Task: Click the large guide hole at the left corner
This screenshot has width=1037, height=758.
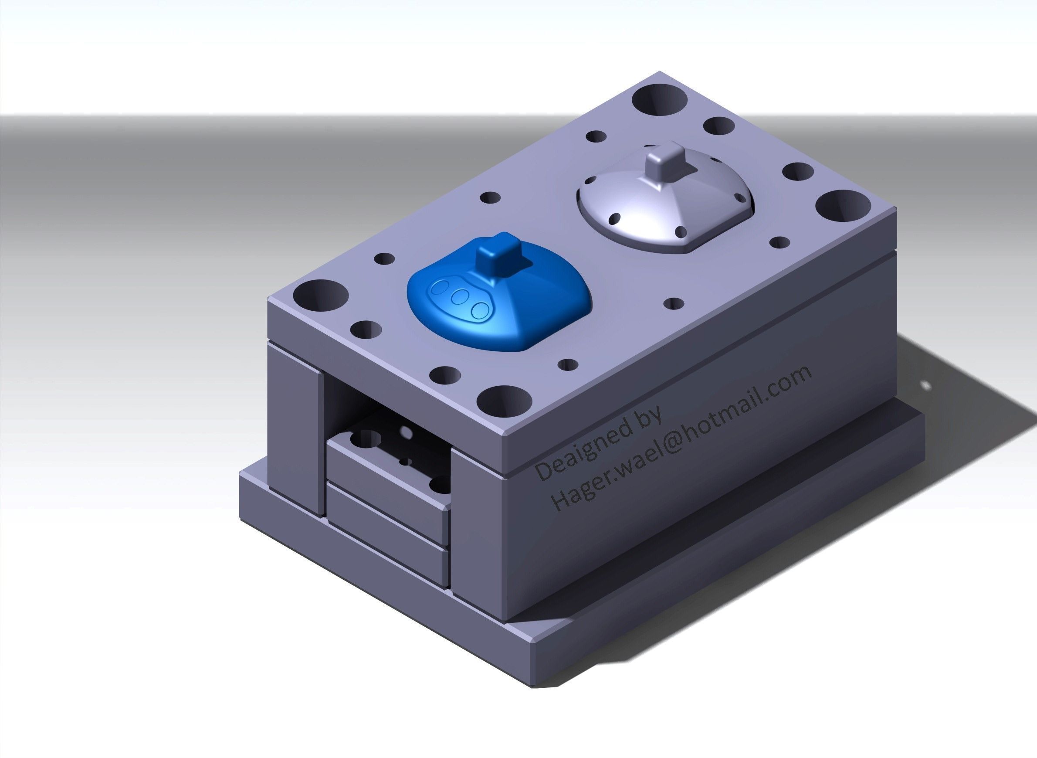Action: tap(320, 295)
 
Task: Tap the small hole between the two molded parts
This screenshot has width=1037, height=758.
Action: tap(673, 303)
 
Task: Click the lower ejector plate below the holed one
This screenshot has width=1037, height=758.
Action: tap(387, 514)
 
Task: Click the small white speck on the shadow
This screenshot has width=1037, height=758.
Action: tap(926, 385)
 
